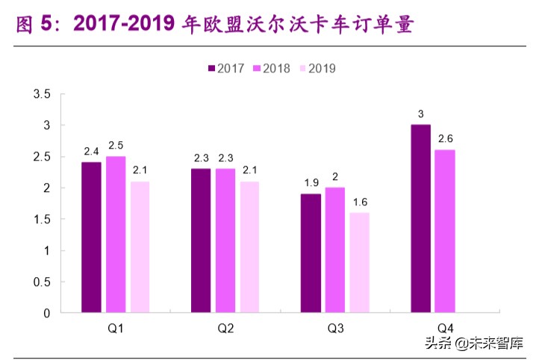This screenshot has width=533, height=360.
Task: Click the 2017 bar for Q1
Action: pos(91,237)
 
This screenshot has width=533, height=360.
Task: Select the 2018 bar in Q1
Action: pos(116,234)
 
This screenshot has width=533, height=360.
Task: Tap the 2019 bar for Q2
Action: pos(250,246)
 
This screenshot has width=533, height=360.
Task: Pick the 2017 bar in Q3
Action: pos(311,252)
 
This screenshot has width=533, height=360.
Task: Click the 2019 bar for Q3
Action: pos(360,262)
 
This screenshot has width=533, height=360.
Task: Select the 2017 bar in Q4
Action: pos(420,218)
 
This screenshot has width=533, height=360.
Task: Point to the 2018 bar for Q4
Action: pos(445,231)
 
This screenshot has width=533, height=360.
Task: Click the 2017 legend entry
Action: pos(226,68)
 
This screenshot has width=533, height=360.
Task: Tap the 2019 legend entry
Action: pos(317,68)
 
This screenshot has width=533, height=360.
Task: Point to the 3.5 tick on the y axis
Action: pos(41,94)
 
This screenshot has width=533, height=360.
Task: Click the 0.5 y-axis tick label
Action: pos(41,282)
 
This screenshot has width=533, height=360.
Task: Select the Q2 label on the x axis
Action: pos(225,329)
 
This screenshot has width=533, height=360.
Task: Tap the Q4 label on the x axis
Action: pos(446,329)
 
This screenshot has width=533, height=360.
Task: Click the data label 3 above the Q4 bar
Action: pos(420,114)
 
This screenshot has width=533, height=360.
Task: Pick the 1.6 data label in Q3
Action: pos(360,202)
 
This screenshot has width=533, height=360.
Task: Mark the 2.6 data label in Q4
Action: pos(445,139)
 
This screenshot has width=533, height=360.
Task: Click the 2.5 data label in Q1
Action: pos(116,145)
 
